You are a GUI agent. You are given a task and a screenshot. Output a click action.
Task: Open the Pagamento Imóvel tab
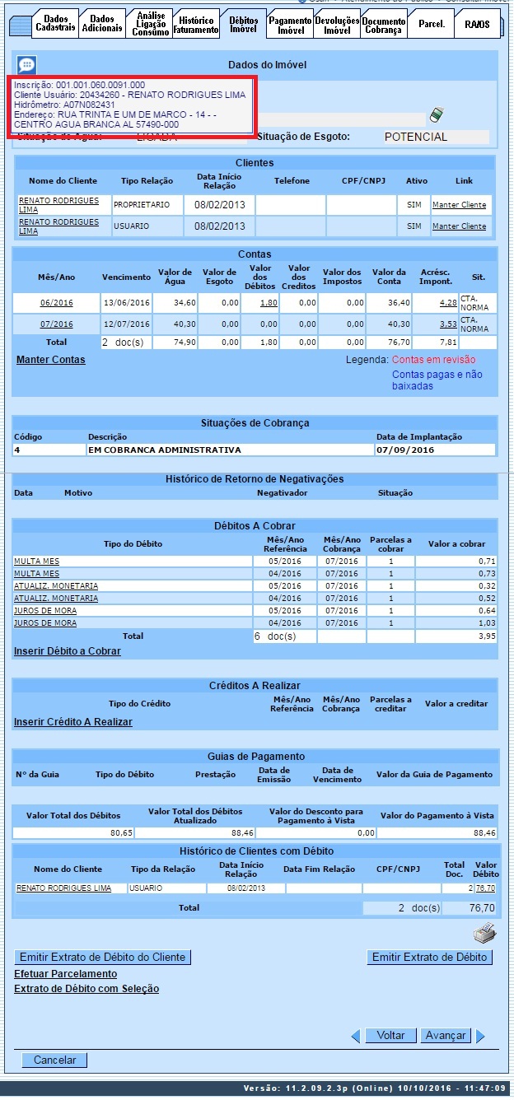pos(290,25)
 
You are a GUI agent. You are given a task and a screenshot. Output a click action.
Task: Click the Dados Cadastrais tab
pos(55,24)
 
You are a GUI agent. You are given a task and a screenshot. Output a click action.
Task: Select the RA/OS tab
pos(477,25)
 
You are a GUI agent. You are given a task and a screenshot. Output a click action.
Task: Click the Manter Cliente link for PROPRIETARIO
pos(459,205)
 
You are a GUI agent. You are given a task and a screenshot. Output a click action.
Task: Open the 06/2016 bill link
pos(56,303)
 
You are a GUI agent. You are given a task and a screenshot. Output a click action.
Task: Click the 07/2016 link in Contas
pos(56,324)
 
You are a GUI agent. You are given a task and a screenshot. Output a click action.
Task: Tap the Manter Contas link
pos(50,360)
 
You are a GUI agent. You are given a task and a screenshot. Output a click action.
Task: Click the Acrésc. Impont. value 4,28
pos(447,303)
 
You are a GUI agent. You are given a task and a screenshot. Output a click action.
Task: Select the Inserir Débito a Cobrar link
pos(67,651)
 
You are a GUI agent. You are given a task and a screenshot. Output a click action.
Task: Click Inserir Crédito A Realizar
pos(72,722)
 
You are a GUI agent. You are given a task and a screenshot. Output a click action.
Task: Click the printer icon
pos(484,934)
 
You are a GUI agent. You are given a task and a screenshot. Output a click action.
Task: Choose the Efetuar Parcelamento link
pos(65,974)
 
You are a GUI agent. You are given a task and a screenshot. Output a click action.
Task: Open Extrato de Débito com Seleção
pos(86,989)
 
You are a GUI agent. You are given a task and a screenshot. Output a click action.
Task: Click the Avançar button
pos(445,1036)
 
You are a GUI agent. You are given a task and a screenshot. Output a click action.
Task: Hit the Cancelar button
pos(54,1060)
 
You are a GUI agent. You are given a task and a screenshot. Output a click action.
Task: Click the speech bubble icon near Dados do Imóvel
pos(26,65)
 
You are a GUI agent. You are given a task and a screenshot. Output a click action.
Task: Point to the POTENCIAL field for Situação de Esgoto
pos(436,137)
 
